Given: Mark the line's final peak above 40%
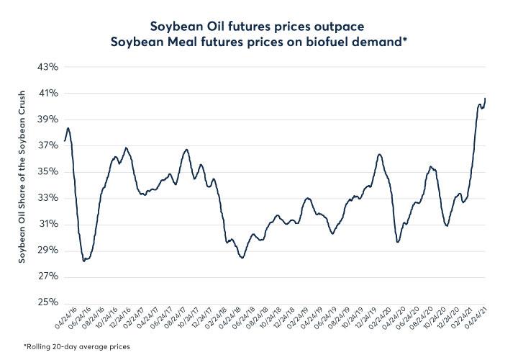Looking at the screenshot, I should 485,98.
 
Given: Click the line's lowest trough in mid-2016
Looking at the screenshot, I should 84,261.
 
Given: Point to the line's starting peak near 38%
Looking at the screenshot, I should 68,128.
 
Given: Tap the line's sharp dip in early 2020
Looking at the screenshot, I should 398,242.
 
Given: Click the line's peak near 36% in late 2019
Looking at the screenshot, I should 379,154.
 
